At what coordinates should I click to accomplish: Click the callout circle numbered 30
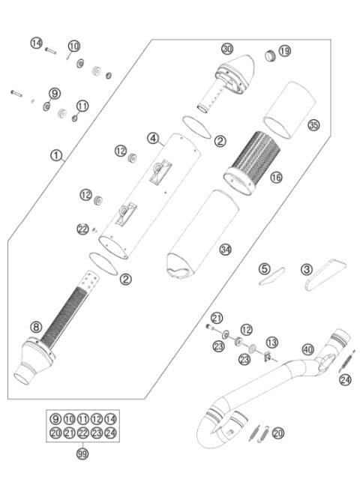coord(227,49)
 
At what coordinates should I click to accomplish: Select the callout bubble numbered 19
coord(284,51)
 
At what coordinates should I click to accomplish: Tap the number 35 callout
coord(313,125)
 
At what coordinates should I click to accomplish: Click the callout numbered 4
coord(152,138)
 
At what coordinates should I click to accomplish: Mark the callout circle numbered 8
coord(35,326)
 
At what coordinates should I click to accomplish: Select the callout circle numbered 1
coord(55,156)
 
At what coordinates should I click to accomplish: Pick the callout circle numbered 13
coord(272,342)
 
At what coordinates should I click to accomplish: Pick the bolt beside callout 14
coord(50,52)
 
